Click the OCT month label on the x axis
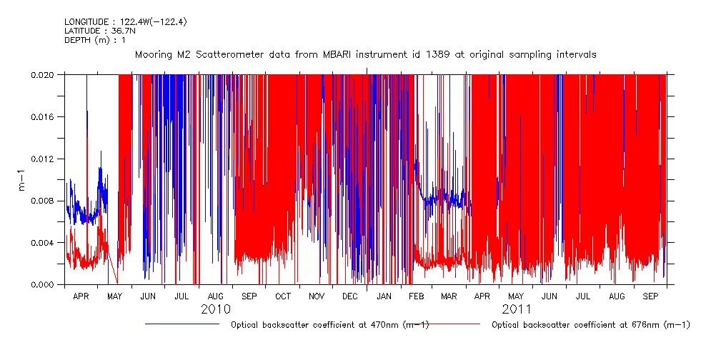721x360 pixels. pos(283,296)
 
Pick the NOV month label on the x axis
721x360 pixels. pos(317,296)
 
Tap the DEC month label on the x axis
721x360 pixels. pos(350,296)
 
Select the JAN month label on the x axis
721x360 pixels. pos(384,296)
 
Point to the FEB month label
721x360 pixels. pos(417,296)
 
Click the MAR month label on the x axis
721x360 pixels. pos(449,296)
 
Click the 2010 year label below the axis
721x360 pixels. pos(216,309)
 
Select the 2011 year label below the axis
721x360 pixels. pos(516,309)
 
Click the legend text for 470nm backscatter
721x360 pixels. pos(329,325)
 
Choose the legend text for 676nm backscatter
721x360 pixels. pos(591,325)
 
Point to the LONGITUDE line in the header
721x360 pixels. pos(126,22)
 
